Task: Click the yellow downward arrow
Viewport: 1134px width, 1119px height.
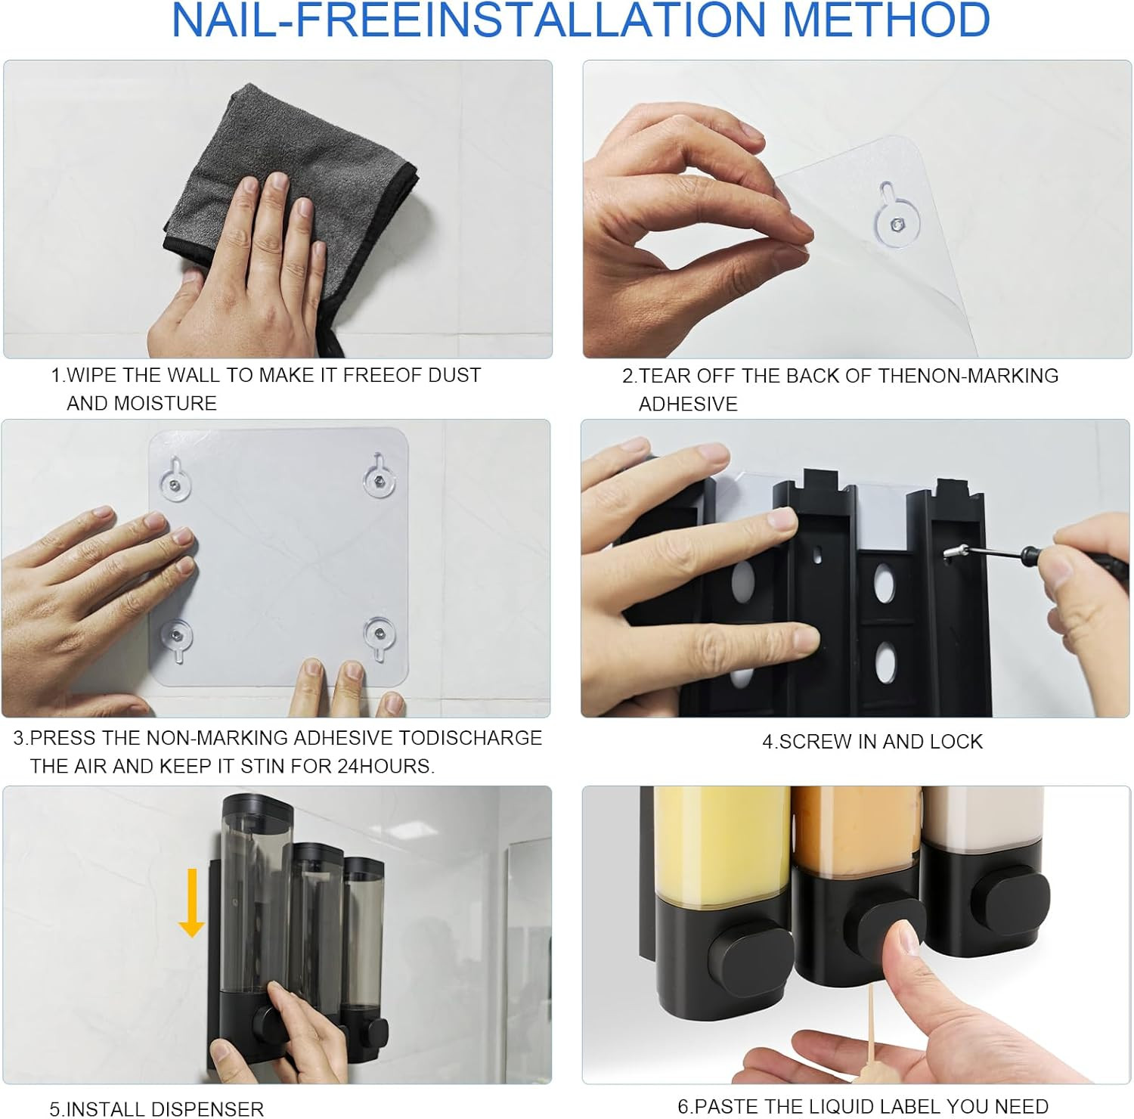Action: coord(192,903)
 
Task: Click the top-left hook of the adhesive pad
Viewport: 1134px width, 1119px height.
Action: coord(175,480)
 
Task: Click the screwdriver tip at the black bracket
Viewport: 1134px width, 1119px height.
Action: coord(948,556)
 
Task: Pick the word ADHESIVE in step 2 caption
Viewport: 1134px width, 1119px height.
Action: coord(688,404)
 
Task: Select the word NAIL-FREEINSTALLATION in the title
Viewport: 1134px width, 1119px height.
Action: coord(469,20)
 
